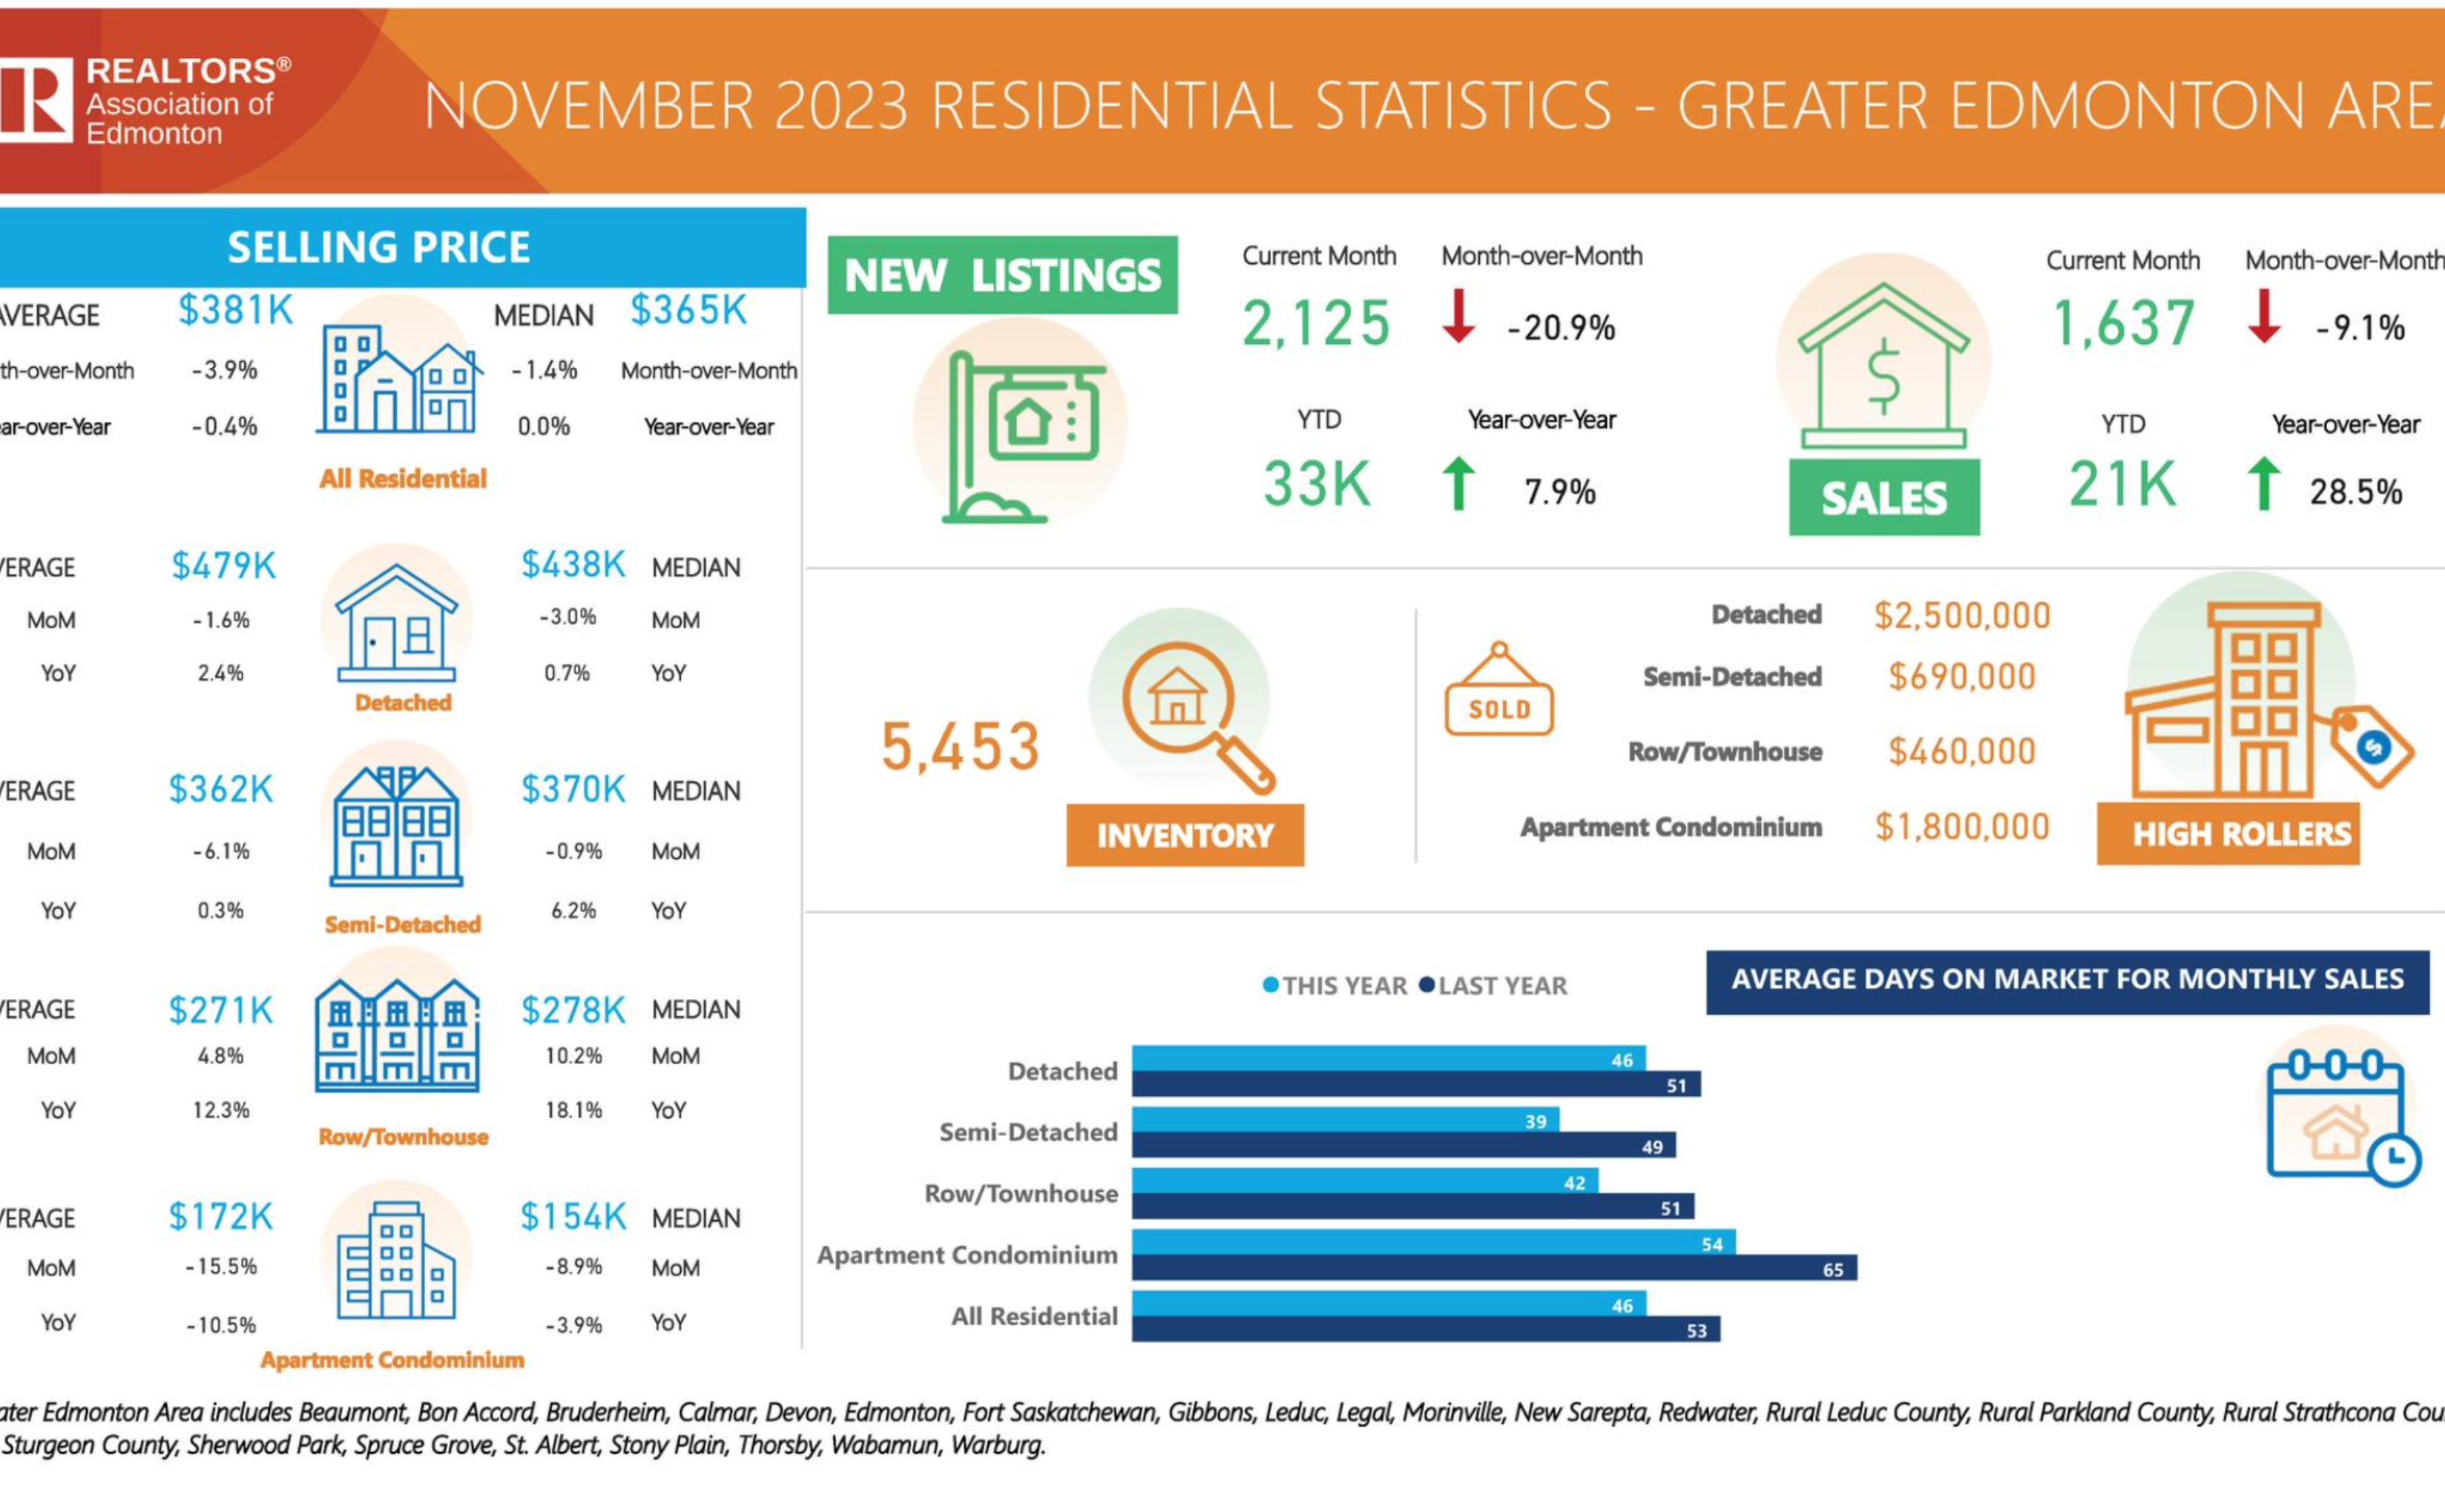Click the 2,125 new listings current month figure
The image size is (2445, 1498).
coord(1316,323)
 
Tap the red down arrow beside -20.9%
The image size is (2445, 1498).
coord(1458,315)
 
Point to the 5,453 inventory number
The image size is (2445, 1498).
coord(960,746)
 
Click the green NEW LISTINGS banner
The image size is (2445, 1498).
coord(1002,275)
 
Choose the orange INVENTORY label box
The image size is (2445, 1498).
coord(1185,835)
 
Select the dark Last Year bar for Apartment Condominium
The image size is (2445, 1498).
coord(1488,1269)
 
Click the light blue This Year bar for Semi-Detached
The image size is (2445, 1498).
coord(1340,1120)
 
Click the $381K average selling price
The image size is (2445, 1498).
coord(235,311)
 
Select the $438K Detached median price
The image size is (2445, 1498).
coord(573,564)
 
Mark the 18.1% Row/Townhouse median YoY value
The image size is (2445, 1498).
coord(573,1110)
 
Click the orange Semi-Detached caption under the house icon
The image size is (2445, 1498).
coord(402,925)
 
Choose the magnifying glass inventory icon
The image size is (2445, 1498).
coord(1191,709)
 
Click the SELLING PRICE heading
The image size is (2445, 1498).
coord(378,247)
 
